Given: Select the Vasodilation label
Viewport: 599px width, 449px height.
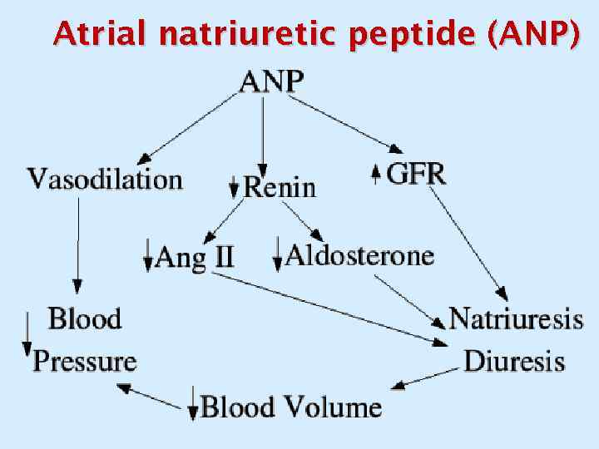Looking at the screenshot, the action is pos(105,179).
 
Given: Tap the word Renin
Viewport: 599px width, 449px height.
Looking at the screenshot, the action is pos(280,187).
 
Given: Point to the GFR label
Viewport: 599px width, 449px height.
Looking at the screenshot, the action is pos(416,174).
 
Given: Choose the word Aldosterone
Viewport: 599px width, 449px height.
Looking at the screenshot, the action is pos(359,254).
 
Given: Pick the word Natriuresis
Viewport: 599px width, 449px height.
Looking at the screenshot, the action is pos(516,318).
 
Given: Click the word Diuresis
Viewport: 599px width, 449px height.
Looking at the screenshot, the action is pos(514,361).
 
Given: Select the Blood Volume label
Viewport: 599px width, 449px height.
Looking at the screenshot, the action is pos(292,407).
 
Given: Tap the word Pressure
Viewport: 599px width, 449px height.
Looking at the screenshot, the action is pos(85,361).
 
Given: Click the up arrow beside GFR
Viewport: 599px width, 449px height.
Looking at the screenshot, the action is pos(375,174).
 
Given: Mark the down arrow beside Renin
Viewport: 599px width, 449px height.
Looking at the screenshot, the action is pos(234,186).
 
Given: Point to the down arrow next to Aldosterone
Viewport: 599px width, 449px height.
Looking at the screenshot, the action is pos(277,254).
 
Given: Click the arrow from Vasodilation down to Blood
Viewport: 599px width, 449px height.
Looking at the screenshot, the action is pos(78,245).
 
